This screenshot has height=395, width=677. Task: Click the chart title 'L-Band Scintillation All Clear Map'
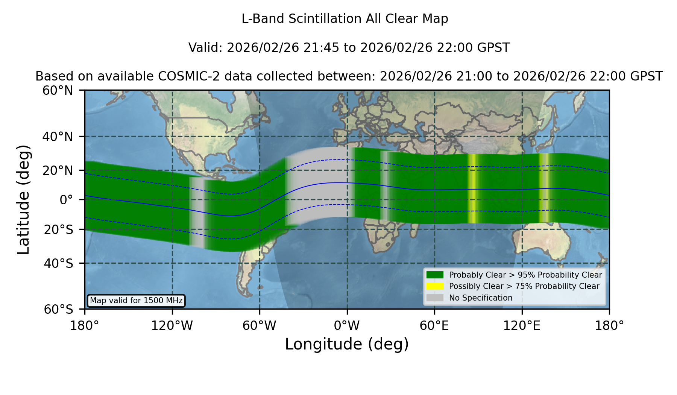point(345,19)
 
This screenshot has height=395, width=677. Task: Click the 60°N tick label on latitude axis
point(58,91)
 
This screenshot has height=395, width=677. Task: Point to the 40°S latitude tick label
point(58,263)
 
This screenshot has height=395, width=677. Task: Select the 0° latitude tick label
point(66,200)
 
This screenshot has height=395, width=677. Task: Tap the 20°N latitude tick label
point(58,170)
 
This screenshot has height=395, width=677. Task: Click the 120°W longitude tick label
point(172,326)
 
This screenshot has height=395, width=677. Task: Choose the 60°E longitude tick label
point(434,326)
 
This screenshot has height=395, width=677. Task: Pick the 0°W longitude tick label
point(347,326)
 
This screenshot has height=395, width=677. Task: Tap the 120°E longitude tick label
point(522,326)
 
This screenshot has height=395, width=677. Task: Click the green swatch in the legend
point(435,275)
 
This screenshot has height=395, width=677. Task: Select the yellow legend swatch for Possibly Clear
point(435,286)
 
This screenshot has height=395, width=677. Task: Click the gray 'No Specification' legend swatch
point(435,298)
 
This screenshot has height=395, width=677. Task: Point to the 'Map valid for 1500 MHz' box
point(136,301)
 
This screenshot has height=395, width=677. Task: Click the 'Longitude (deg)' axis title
point(347,344)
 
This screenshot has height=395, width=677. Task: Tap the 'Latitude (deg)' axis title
point(23,199)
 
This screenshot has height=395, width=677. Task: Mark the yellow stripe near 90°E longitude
point(473,188)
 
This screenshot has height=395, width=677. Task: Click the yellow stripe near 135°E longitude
point(543,188)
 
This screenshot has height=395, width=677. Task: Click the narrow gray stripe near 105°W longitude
point(196,212)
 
